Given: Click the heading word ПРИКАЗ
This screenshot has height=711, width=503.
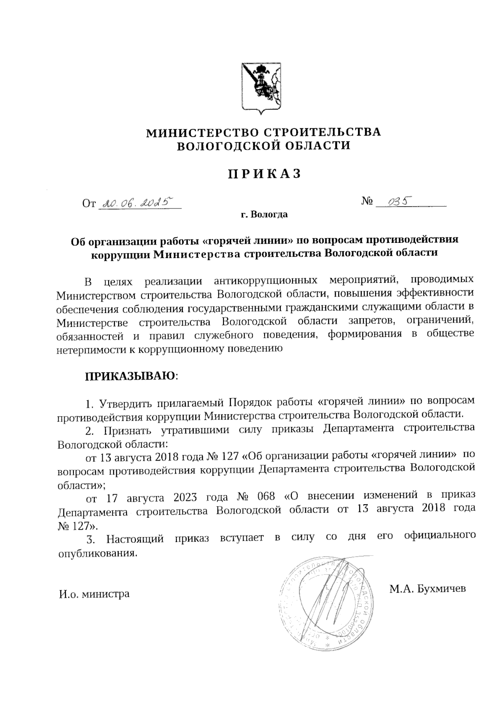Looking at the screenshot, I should tap(264, 174).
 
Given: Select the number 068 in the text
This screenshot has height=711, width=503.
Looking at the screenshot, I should tap(265, 497).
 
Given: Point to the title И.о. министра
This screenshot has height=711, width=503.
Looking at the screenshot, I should tap(93, 594).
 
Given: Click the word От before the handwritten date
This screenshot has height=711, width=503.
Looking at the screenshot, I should tap(89, 204).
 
